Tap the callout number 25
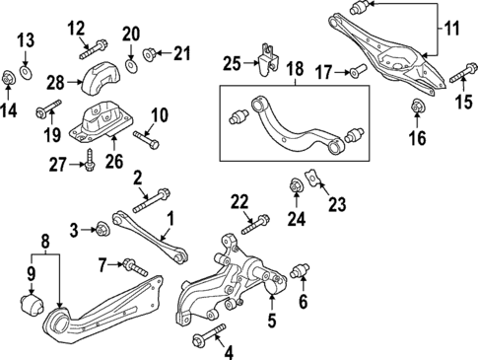pyautogui.click(x=232, y=64)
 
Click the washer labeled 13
pyautogui.click(x=26, y=71)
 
